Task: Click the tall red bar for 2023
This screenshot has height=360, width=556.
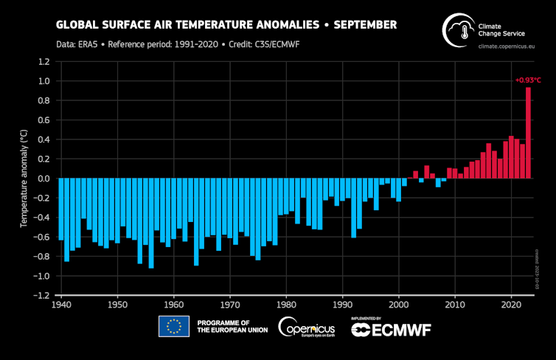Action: [528, 133]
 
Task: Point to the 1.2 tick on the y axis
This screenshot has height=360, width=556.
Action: [44, 62]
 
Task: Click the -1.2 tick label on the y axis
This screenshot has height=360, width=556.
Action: [42, 295]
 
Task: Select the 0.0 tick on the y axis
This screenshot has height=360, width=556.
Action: [44, 179]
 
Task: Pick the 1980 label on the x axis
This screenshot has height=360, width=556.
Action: [285, 304]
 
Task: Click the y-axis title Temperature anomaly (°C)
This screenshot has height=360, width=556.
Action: [24, 179]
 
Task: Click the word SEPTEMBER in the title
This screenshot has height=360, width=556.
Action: [365, 25]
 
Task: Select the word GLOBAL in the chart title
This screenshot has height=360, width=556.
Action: [79, 25]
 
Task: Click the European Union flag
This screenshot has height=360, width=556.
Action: [173, 326]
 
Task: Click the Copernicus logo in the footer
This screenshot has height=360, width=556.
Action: [306, 326]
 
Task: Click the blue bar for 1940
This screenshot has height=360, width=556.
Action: [61, 209]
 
